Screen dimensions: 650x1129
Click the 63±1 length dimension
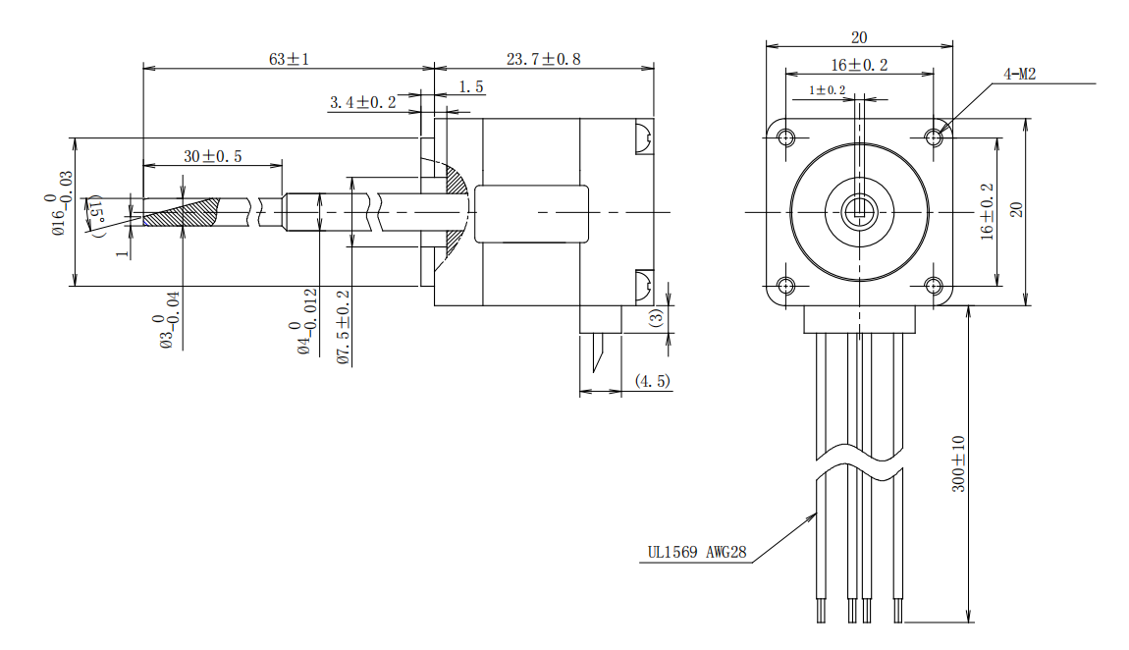pyautogui.click(x=289, y=59)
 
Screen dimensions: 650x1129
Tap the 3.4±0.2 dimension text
pyautogui.click(x=362, y=102)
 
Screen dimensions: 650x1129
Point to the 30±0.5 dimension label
pyautogui.click(x=212, y=156)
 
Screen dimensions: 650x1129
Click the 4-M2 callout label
pyautogui.click(x=1019, y=74)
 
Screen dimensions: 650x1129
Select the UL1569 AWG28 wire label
pyautogui.click(x=696, y=553)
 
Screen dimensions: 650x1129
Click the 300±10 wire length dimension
pyautogui.click(x=959, y=463)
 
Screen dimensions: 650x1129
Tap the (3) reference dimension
pyautogui.click(x=656, y=317)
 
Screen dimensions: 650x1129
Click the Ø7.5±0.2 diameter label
pyautogui.click(x=343, y=327)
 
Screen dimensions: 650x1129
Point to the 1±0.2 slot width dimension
pyautogui.click(x=827, y=90)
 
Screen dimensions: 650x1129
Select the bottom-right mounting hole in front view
pyautogui.click(x=933, y=286)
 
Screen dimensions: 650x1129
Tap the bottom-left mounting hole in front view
pyautogui.click(x=785, y=286)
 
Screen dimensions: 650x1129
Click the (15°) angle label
pyautogui.click(x=96, y=214)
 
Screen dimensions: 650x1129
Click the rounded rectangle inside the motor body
pyautogui.click(x=531, y=213)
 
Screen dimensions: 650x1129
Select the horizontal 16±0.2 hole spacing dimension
pyautogui.click(x=859, y=65)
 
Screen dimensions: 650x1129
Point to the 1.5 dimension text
pyautogui.click(x=471, y=87)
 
